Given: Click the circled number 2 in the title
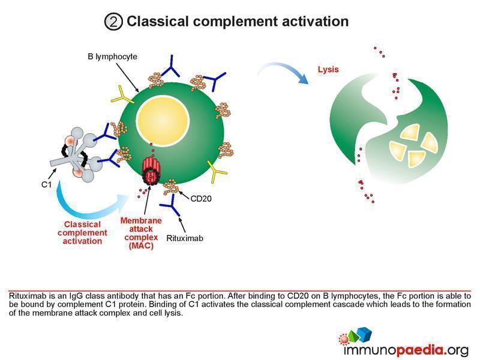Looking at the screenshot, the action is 113,22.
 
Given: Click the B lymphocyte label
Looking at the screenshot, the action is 112,56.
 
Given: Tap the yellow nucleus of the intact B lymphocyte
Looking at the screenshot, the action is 163,121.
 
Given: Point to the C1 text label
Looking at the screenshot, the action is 46,184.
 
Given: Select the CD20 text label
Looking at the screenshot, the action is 201,199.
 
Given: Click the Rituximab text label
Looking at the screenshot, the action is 185,238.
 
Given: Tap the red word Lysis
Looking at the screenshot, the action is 328,69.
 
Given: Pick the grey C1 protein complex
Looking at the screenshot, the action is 76,155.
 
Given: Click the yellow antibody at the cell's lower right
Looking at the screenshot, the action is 217,171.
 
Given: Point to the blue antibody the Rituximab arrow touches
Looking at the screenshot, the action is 172,205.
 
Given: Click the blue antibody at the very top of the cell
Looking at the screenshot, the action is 171,67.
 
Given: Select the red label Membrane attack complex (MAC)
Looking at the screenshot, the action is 141,233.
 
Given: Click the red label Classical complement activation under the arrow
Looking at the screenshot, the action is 82,233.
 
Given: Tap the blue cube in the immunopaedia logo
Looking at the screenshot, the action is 365,334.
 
